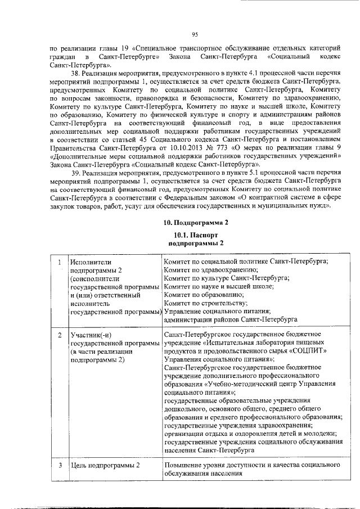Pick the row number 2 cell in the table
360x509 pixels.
click(x=60, y=336)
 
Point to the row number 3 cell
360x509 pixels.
click(x=60, y=466)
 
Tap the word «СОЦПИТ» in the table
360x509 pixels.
click(x=306, y=352)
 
